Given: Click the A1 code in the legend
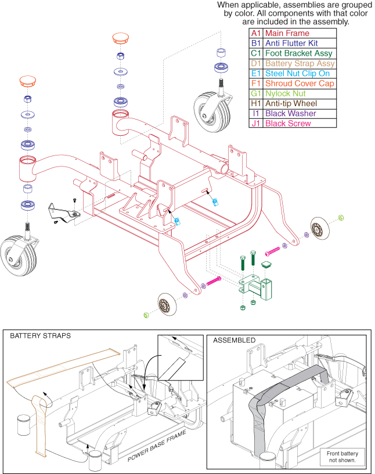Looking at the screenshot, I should click(x=255, y=33).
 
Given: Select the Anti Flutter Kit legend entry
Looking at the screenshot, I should click(x=291, y=43).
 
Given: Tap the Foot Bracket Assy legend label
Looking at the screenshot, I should click(x=298, y=53).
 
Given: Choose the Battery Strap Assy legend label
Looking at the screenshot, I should click(x=300, y=63).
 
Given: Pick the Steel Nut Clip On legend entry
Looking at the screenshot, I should click(x=297, y=73).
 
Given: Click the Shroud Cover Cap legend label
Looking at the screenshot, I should click(x=298, y=84).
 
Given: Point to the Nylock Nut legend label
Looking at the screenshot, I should click(x=285, y=93).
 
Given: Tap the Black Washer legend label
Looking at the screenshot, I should click(x=290, y=114).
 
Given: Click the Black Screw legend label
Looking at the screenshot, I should click(x=289, y=124).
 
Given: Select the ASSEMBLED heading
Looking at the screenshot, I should click(x=234, y=340).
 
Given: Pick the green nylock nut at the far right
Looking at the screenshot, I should click(x=341, y=218).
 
